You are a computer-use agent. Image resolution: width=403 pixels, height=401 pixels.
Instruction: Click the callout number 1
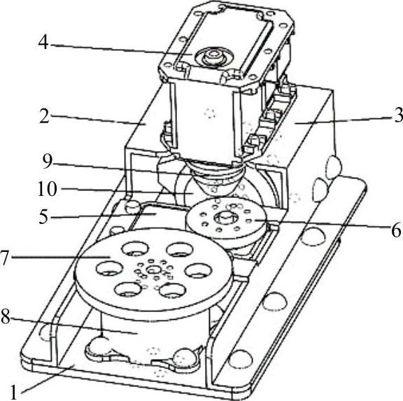coord(13,393)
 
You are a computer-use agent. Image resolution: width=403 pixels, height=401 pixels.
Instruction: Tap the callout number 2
coord(44,115)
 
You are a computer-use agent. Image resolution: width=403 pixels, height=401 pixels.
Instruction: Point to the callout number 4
coord(43,42)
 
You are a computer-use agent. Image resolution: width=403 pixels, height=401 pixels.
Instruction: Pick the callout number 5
coord(43,216)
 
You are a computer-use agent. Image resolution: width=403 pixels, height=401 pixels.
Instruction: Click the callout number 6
coord(396,230)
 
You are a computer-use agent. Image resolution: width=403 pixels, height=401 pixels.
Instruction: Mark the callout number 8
coord(6,316)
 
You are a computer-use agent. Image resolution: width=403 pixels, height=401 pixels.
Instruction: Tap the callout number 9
coord(48,162)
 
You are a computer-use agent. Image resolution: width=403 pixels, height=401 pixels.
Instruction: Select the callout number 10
coord(48,189)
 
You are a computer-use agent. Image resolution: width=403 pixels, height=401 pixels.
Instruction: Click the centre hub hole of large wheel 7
coord(153,269)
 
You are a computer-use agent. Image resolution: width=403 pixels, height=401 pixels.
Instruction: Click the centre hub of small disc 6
coord(225,211)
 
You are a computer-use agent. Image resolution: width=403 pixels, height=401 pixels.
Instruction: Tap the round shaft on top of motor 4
coord(213,55)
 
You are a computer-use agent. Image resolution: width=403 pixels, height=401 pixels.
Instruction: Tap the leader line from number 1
coord(48,379)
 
